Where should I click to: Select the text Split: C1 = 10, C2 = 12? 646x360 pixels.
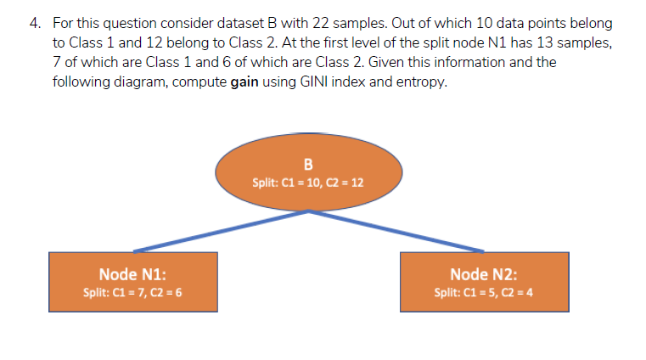[x=308, y=182]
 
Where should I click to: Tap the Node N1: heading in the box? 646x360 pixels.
[x=132, y=274]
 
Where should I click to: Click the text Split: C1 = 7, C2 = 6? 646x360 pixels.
[x=132, y=292]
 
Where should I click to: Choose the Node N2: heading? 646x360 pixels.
[x=484, y=274]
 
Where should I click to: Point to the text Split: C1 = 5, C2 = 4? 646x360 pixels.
[x=484, y=292]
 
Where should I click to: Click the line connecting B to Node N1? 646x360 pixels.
[x=221, y=231]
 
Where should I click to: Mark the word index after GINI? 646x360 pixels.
[x=342, y=82]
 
